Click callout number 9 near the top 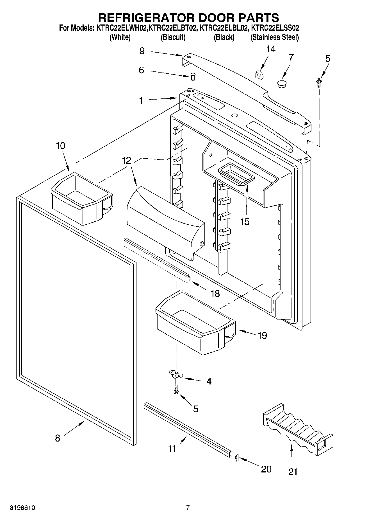coord(142,51)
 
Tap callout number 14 coord(270,49)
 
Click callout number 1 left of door coord(141,100)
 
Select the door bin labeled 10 coord(81,197)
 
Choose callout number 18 coord(215,294)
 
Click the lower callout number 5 coord(196,409)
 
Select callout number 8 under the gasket coord(58,438)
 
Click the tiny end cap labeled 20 coord(236,458)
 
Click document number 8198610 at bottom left coord(22,508)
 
